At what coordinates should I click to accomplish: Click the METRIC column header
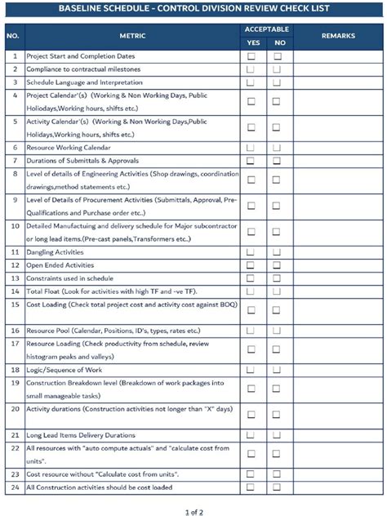(x=132, y=37)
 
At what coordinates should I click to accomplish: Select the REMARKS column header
(x=338, y=37)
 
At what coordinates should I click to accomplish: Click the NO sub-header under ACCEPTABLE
(x=279, y=43)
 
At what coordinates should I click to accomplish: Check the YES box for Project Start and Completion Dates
(x=251, y=56)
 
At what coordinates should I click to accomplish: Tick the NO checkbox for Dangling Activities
(x=278, y=252)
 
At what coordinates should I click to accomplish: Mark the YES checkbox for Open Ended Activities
(x=251, y=265)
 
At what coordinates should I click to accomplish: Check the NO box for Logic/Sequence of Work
(x=278, y=369)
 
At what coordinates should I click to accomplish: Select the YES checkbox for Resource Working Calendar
(x=251, y=147)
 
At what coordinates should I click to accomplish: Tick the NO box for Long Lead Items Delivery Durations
(x=278, y=434)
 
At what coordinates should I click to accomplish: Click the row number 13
(x=14, y=278)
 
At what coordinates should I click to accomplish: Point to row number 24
(x=14, y=487)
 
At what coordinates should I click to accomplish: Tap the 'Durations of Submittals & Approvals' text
(x=82, y=160)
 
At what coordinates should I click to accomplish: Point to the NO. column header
(x=14, y=37)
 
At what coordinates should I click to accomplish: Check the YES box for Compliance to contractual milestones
(x=251, y=69)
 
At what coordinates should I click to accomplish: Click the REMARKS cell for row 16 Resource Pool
(x=338, y=330)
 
